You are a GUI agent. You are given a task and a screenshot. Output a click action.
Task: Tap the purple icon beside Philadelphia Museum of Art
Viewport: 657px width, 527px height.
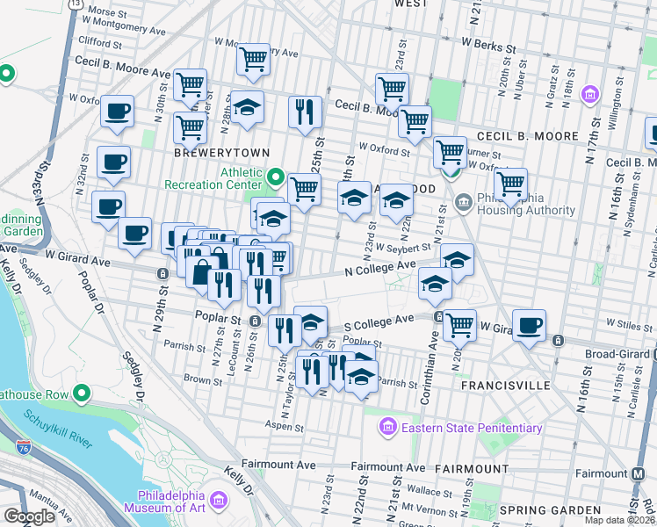(x=219, y=502)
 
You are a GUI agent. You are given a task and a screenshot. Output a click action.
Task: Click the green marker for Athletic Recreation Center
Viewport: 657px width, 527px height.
(x=276, y=179)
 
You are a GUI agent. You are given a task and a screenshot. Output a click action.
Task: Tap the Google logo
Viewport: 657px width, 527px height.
(x=29, y=516)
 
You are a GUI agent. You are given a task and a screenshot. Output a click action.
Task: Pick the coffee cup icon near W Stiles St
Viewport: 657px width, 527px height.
(x=530, y=325)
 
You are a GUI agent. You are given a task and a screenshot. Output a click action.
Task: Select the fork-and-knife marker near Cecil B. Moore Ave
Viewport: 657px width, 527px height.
(x=304, y=112)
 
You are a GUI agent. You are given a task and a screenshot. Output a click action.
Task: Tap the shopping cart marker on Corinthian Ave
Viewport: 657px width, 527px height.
(x=458, y=325)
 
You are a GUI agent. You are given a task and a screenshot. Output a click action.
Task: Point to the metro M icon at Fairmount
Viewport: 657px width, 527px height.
(x=639, y=473)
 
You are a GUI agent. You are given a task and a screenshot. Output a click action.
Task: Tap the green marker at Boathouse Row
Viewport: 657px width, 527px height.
(x=82, y=393)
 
